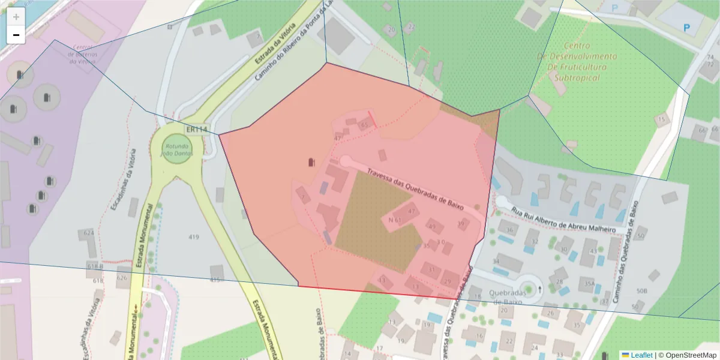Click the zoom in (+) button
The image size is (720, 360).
coord(16,17)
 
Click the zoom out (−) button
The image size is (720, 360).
coord(16,35)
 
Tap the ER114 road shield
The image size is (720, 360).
coord(197,130)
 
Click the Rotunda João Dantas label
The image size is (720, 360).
coord(176,149)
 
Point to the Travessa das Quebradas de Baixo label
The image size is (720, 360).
coord(416,185)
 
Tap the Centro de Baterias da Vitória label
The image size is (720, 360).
coord(82,54)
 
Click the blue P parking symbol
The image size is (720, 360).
coord(687,27)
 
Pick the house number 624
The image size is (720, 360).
coord(89,232)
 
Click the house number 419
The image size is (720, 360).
coord(193,237)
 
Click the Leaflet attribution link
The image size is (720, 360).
coord(641,355)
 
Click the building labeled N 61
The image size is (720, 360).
coord(395,220)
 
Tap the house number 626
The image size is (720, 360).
coord(122,278)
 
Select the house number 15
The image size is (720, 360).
coord(661,119)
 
